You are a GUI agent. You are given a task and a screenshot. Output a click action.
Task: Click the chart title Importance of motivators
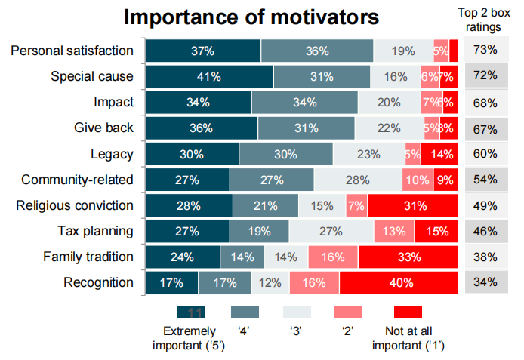pyautogui.click(x=251, y=18)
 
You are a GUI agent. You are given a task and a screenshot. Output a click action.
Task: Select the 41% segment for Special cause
pyautogui.click(x=209, y=76)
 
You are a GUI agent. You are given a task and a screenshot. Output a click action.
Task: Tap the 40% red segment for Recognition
pyautogui.click(x=399, y=283)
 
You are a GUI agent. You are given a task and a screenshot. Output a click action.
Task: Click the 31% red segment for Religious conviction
pyautogui.click(x=413, y=205)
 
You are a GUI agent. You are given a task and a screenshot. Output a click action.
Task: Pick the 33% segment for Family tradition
pyautogui.click(x=408, y=257)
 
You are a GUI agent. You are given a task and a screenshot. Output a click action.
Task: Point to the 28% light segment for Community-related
pyautogui.click(x=358, y=180)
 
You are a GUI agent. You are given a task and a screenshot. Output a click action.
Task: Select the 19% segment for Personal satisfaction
pyautogui.click(x=403, y=51)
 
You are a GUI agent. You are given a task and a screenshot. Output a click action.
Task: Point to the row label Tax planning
pyautogui.click(x=96, y=231)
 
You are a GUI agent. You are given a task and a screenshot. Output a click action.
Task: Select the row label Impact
pyautogui.click(x=114, y=102)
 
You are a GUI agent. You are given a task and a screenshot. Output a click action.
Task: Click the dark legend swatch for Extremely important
pyautogui.click(x=191, y=312)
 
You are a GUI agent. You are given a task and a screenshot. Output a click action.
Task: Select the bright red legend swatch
pyautogui.click(x=408, y=312)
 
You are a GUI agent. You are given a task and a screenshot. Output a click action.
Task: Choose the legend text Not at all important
pyautogui.click(x=408, y=338)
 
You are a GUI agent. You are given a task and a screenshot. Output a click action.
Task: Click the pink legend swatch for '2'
pyautogui.click(x=347, y=312)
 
